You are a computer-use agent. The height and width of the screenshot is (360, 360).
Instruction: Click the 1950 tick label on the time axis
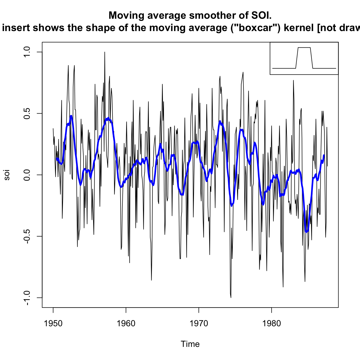(53, 323)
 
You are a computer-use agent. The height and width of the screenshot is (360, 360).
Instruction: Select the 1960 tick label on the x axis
(126, 323)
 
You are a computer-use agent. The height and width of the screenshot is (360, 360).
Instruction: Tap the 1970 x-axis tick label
(199, 323)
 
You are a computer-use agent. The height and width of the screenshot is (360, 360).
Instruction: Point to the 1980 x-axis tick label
(272, 323)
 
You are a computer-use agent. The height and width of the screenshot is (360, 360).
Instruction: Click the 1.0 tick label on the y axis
(27, 52)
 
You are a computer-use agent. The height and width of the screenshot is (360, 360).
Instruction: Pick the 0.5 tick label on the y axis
(27, 113)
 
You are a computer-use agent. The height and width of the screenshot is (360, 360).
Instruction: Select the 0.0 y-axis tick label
(27, 175)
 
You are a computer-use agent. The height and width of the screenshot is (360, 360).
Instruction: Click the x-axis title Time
(190, 344)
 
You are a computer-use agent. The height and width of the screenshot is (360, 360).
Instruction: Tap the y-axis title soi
(7, 175)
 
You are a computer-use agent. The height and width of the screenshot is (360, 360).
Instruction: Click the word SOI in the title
(261, 16)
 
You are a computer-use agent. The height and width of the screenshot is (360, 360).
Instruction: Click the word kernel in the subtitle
(299, 28)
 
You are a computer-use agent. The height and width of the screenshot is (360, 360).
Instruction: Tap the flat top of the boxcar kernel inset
(304, 47)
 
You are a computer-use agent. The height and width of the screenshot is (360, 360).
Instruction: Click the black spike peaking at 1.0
(105, 52)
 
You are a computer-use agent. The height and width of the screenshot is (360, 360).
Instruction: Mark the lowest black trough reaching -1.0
(231, 297)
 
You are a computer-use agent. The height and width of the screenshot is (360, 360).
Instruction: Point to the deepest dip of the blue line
(306, 232)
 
